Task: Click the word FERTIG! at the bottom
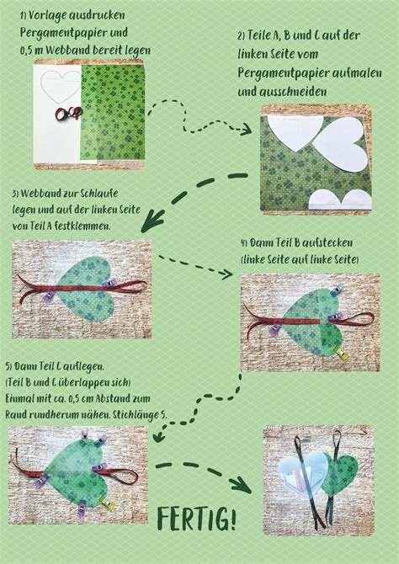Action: pos(197,519)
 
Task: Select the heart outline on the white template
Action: pos(61,85)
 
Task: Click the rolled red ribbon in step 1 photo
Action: pos(68,114)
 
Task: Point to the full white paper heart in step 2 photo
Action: pos(340,144)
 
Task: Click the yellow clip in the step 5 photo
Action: pos(107,503)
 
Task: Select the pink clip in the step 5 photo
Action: pos(85,435)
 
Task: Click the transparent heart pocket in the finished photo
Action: pos(303,472)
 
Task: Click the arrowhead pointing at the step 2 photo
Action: pos(245,129)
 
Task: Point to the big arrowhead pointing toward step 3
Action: pos(152,222)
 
